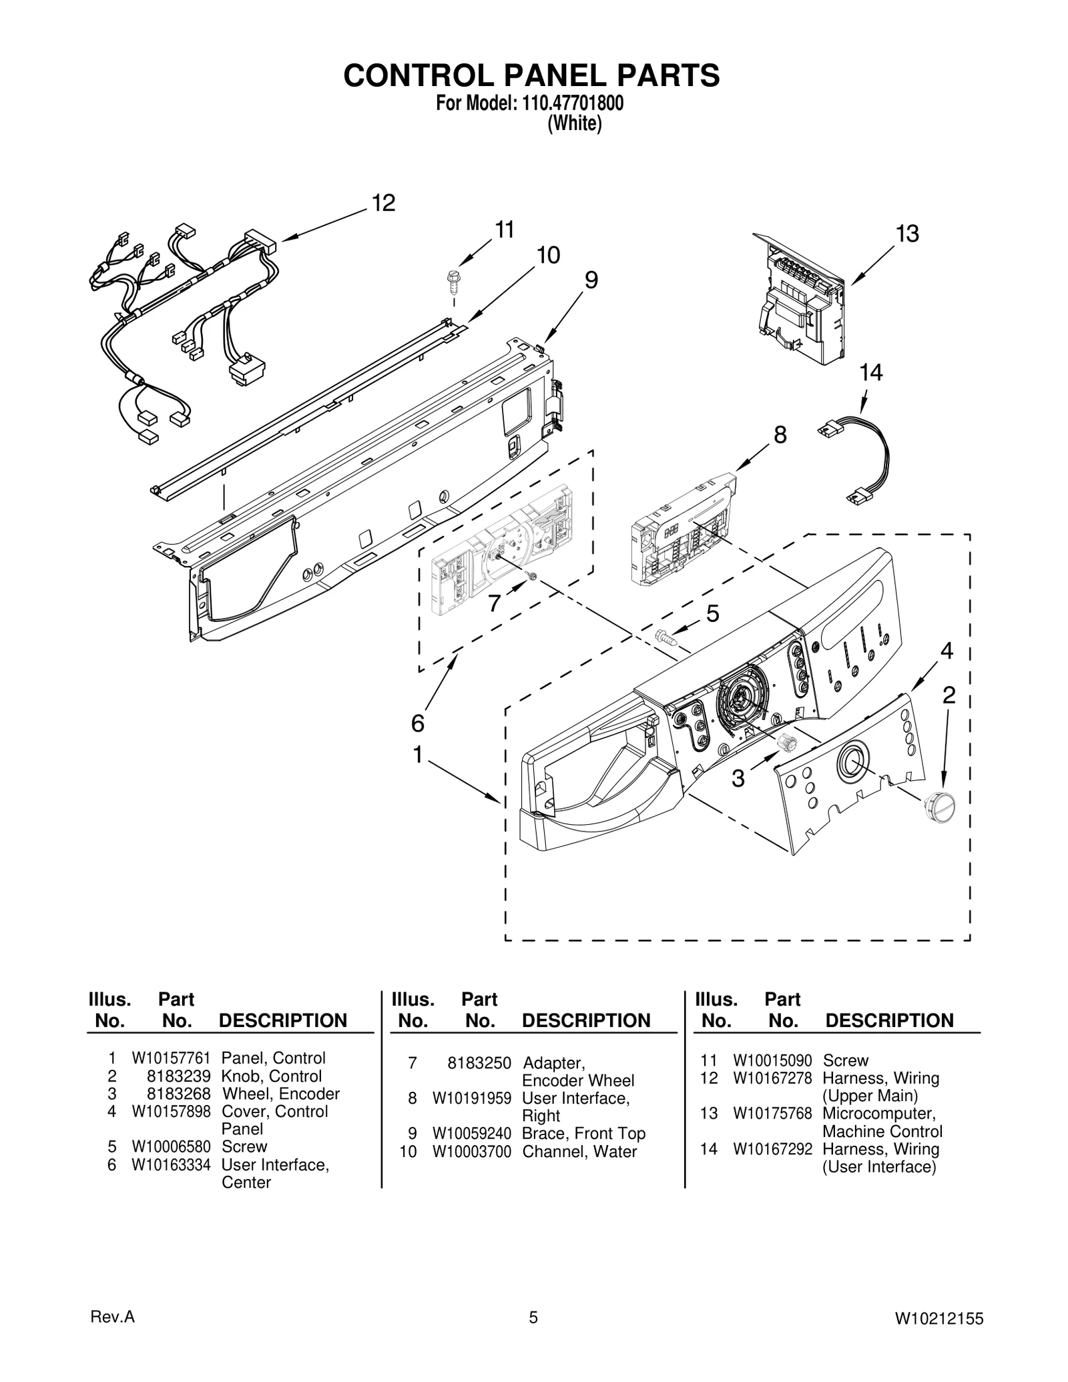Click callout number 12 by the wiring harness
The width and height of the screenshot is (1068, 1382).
tap(383, 203)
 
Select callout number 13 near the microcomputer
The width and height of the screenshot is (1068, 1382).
tap(907, 234)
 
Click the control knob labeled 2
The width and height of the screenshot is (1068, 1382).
tap(937, 807)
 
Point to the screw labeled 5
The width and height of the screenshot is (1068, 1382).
tap(666, 637)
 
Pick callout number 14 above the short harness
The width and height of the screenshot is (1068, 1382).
tap(870, 373)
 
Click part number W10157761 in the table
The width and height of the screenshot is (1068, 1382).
tap(171, 1058)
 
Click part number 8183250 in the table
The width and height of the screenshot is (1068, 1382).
tap(479, 1063)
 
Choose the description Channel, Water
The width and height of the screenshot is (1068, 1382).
tap(579, 1152)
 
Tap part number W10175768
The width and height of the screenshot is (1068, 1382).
tap(772, 1114)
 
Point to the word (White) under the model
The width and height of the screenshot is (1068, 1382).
tap(575, 124)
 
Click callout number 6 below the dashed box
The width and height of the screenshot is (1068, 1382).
tap(417, 723)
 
